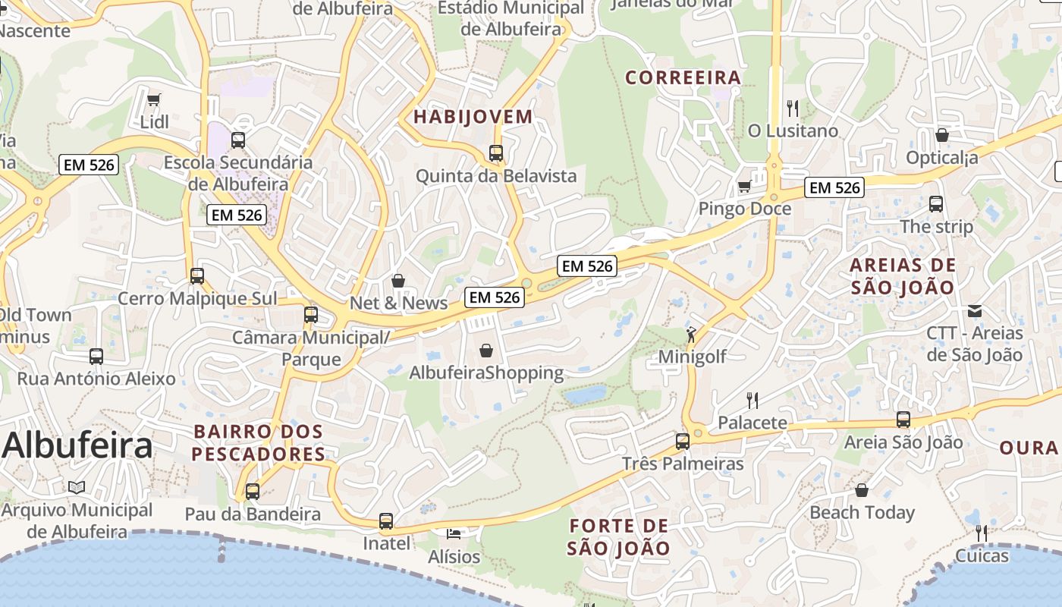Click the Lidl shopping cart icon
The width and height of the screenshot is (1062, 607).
tap(154, 99)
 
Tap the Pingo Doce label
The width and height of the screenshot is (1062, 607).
tap(744, 209)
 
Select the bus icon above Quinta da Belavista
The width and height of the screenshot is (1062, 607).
tap(496, 153)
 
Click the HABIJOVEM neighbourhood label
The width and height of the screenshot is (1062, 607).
tap(473, 117)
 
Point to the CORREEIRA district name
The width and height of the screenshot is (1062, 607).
tap(683, 77)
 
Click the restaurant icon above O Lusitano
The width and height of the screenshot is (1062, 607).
tap(793, 109)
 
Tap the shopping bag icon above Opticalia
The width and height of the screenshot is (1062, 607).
tap(941, 135)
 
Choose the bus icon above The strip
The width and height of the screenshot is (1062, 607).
tap(936, 204)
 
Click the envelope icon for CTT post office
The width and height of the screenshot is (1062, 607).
tap(975, 311)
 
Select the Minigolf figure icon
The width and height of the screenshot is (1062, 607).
tap(691, 335)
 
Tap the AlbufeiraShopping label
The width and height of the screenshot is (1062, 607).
tap(486, 373)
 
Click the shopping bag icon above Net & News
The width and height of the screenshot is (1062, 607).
tap(398, 281)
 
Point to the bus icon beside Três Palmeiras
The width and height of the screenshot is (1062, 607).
tap(683, 441)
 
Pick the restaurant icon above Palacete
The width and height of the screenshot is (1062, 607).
tap(753, 400)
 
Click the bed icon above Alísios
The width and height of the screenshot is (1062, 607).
tap(454, 534)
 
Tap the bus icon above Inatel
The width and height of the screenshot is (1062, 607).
tap(386, 521)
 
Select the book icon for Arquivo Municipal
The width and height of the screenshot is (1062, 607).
tap(76, 487)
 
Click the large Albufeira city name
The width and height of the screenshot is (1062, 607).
tap(77, 445)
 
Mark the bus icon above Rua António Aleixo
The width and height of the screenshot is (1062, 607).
tap(96, 356)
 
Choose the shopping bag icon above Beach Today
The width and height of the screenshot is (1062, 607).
tap(861, 490)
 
